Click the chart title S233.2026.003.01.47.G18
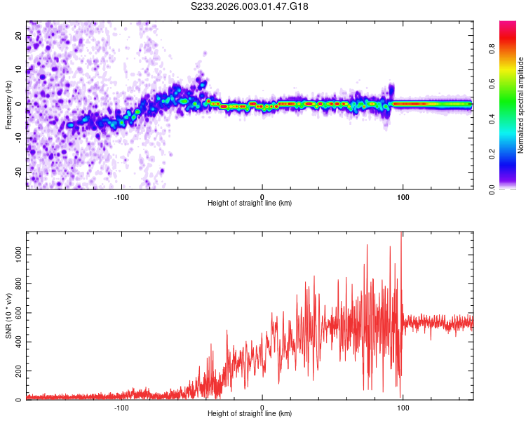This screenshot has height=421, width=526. coord(250,6)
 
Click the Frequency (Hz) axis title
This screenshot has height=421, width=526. coord(8,105)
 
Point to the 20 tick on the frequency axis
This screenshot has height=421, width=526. coord(19,37)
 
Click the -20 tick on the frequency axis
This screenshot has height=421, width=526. coord(18,171)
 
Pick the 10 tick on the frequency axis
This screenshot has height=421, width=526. coord(19,71)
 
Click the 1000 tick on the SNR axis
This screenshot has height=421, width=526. coord(14,256)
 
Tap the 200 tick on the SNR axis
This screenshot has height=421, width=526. coord(16,371)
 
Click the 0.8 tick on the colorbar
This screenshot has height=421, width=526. coord(492,51)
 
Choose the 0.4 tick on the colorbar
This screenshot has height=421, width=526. coord(492,119)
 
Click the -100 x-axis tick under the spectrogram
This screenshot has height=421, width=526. coord(121,196)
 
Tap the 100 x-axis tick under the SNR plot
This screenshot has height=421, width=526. coord(403,406)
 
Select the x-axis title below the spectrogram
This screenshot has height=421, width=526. coord(250,203)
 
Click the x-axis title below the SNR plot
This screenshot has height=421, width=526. coord(250,414)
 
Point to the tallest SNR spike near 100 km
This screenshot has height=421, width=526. coord(401,234)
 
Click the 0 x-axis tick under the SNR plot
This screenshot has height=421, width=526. coord(262,406)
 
